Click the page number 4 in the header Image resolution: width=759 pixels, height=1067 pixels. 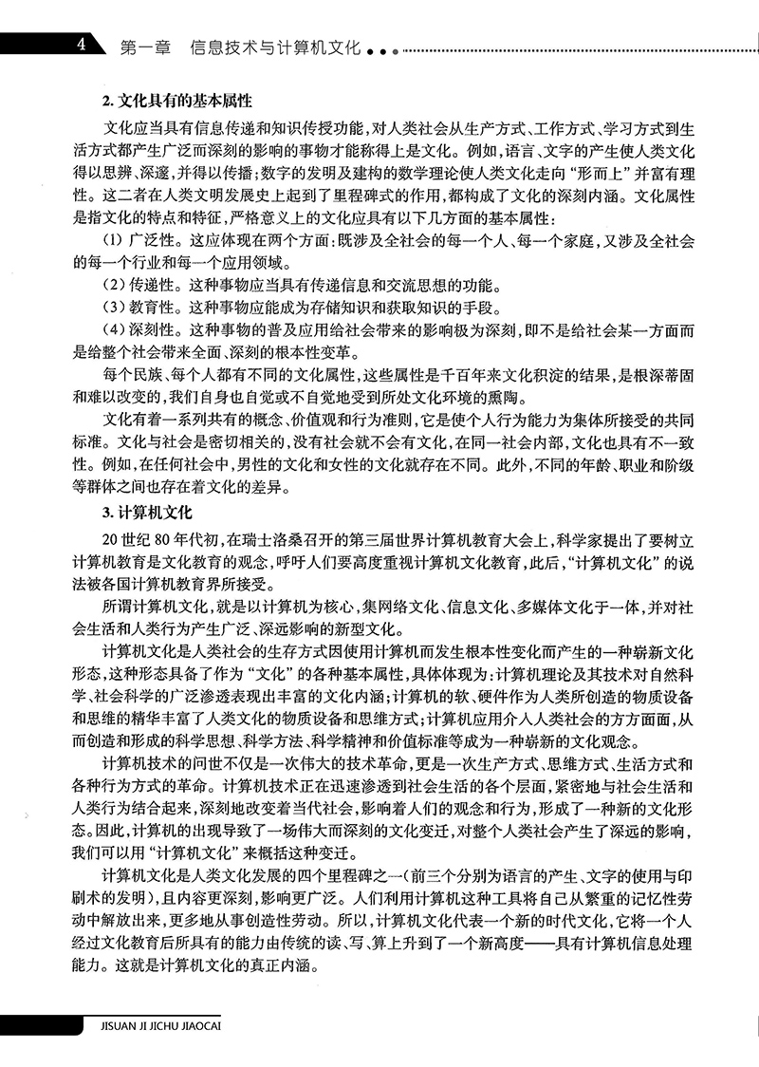(x=83, y=45)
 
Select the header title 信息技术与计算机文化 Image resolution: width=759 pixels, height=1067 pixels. (x=275, y=46)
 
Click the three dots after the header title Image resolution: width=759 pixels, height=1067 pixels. (x=378, y=49)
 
